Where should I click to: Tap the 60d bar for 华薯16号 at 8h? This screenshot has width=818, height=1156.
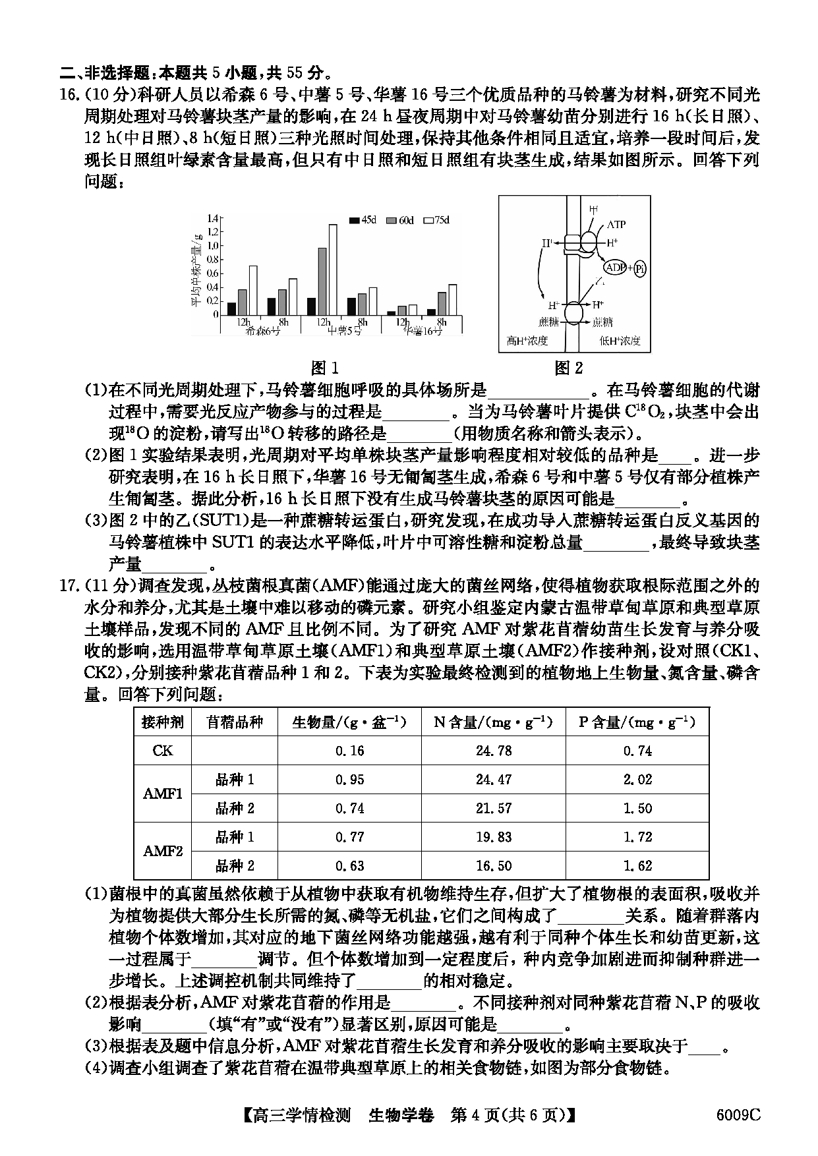[442, 303]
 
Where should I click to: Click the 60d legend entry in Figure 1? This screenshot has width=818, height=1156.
[399, 220]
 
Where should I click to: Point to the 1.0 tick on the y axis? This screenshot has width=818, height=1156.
[212, 245]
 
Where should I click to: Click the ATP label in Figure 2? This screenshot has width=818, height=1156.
[616, 224]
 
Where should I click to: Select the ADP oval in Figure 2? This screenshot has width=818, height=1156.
[615, 268]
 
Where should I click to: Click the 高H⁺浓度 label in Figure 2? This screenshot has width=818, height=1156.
[527, 341]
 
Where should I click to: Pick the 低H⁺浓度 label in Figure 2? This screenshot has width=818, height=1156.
[620, 341]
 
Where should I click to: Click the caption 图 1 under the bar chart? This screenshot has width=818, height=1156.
[324, 368]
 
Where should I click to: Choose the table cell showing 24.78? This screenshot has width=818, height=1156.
[493, 751]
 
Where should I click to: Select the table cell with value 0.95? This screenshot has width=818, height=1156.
[349, 780]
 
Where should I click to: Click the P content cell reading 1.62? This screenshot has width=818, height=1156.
[637, 865]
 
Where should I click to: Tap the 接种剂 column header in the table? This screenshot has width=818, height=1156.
[162, 722]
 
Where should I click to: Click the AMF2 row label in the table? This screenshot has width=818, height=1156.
[162, 851]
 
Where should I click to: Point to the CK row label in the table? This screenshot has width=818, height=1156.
[162, 751]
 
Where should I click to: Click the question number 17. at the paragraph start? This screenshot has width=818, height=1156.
[70, 585]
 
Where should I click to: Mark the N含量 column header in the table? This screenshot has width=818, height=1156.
[493, 722]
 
